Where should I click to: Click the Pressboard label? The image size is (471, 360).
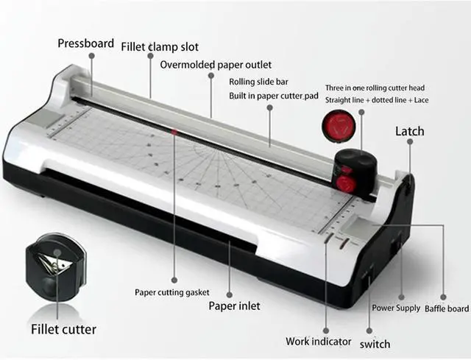point(86,43)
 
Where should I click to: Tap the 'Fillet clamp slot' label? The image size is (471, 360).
point(160,47)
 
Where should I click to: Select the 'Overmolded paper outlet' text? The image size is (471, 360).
point(216,65)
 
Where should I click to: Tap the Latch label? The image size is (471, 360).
point(410,131)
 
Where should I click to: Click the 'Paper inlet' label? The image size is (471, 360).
point(234,306)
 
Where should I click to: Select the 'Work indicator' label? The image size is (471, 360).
point(318,341)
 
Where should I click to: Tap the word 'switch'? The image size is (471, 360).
point(375,344)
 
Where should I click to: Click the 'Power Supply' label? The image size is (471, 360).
point(396,308)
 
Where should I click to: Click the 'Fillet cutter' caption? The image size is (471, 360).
point(63,328)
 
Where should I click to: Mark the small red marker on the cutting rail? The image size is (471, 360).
point(174,131)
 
